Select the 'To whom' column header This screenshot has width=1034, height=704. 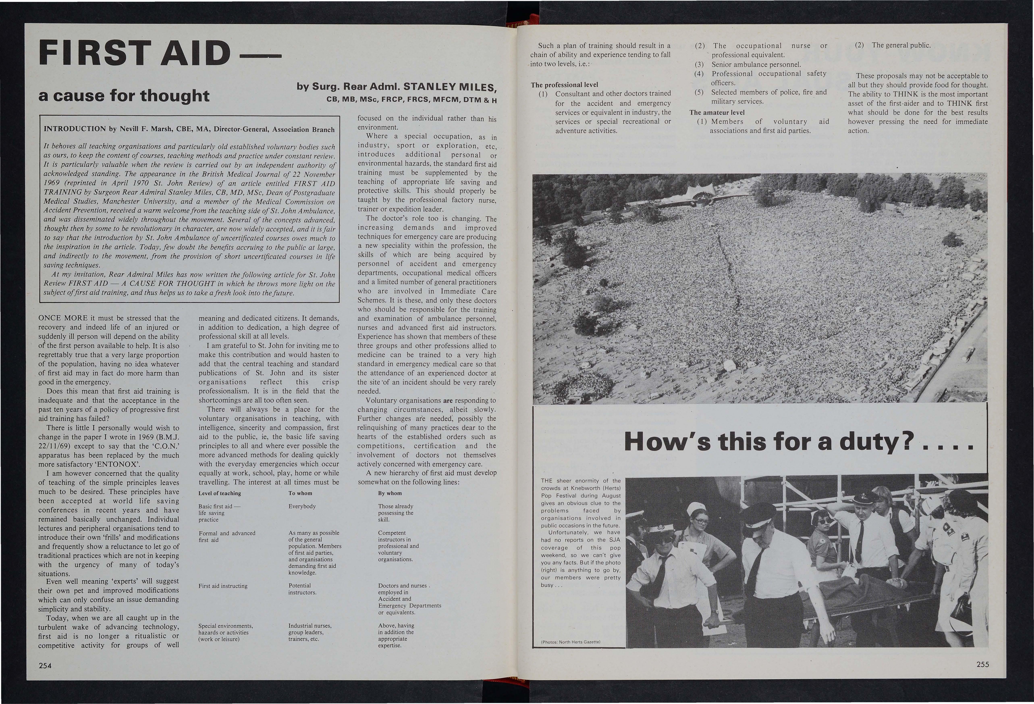coord(300,493)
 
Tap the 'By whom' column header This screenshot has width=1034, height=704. coord(390,493)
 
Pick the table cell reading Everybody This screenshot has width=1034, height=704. coord(302,506)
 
